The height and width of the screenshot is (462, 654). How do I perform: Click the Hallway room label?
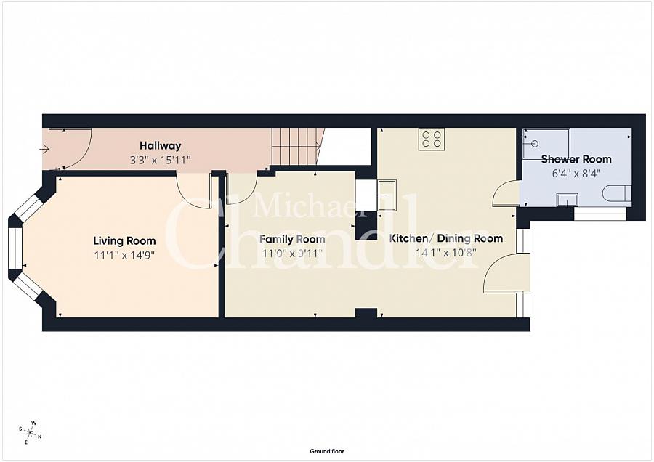(x=160, y=146)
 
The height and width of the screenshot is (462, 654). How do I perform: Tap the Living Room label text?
(x=124, y=240)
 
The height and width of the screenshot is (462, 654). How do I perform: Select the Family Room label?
(x=292, y=239)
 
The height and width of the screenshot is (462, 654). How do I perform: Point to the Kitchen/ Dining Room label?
(x=446, y=238)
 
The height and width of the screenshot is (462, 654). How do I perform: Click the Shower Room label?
(x=576, y=159)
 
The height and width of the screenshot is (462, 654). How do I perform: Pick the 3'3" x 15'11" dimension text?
(x=160, y=160)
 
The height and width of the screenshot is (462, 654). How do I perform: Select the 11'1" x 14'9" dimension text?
(x=124, y=255)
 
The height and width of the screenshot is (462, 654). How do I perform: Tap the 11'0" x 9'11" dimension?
(x=292, y=254)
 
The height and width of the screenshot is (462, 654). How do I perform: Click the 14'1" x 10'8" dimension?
(x=446, y=253)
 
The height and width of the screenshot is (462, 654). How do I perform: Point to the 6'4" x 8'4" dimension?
(x=576, y=173)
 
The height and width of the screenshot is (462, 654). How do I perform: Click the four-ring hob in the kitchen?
(x=432, y=139)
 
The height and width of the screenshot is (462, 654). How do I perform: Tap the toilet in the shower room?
(x=617, y=194)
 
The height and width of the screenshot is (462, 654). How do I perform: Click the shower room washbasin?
(x=568, y=200)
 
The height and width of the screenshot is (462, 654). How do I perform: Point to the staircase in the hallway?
(x=298, y=147)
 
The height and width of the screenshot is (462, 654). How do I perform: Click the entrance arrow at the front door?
(x=44, y=149)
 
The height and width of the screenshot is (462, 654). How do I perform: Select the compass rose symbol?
(x=31, y=432)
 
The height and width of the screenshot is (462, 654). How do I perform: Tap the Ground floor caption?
(x=327, y=451)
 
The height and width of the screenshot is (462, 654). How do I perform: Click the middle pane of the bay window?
(x=15, y=248)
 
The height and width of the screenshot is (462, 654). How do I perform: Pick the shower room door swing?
(x=506, y=193)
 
